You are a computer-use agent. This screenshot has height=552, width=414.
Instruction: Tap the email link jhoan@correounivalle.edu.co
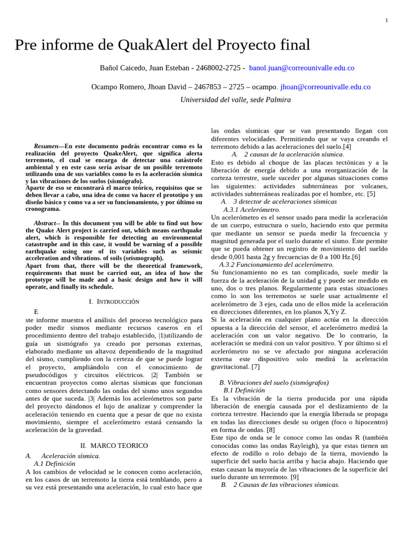[x=325, y=87]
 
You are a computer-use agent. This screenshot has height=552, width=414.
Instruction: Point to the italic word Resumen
[x=45, y=146]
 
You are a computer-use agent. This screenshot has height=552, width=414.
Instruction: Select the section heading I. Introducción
[x=114, y=302]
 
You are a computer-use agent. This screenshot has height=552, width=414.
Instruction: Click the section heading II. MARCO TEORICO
[x=114, y=446]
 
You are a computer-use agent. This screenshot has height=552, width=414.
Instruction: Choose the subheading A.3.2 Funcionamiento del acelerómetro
[x=276, y=265]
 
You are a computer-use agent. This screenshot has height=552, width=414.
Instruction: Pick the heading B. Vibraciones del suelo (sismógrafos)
[x=274, y=382]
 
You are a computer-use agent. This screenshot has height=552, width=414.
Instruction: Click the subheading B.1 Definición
[x=244, y=390]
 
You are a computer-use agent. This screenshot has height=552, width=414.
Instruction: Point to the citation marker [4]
[x=347, y=147]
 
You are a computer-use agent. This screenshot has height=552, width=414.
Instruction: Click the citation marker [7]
[x=255, y=367]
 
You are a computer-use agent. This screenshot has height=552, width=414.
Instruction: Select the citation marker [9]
[x=294, y=477]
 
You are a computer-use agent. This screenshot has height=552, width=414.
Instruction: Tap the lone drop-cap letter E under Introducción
[x=36, y=312]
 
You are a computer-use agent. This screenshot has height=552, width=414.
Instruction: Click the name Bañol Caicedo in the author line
[x=123, y=68]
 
